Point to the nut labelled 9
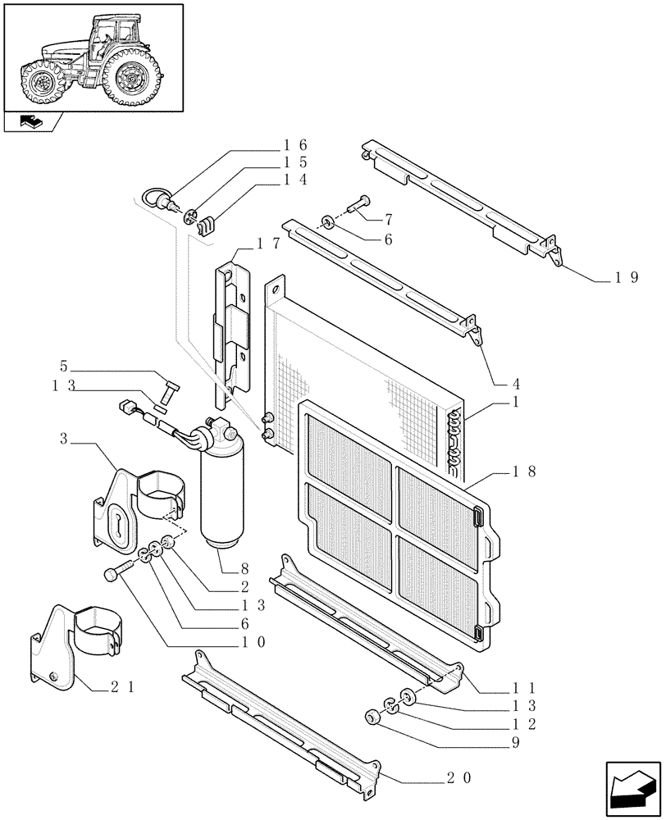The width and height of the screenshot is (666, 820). coord(371,719)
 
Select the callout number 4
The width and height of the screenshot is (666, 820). coord(517,383)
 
